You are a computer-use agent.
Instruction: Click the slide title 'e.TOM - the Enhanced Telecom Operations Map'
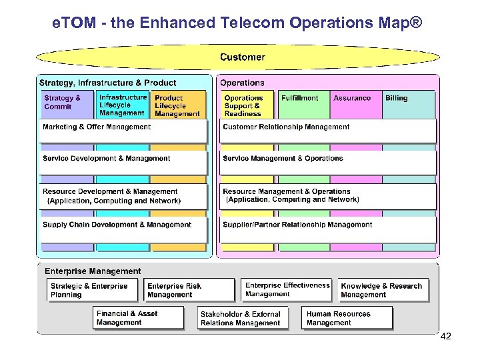(237, 23)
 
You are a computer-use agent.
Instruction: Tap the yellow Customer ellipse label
(242, 57)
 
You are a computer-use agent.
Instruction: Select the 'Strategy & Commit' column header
(62, 102)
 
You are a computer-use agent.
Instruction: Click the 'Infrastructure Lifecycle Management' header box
(122, 105)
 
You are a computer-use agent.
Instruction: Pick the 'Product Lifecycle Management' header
(177, 106)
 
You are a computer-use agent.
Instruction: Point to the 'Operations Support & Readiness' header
(244, 105)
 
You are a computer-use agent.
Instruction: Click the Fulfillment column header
(299, 98)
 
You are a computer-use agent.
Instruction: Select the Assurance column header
(352, 98)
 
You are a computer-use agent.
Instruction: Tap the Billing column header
(396, 98)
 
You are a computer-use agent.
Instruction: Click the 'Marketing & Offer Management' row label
(97, 127)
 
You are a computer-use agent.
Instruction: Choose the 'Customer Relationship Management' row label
(286, 127)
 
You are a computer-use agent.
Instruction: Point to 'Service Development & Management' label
(106, 159)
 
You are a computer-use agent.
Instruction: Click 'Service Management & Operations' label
(283, 159)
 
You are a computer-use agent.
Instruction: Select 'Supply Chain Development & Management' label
(117, 225)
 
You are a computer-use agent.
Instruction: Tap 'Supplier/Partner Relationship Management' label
(297, 225)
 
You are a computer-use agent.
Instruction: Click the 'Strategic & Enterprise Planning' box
(93, 291)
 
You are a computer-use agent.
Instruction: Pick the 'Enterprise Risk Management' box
(190, 291)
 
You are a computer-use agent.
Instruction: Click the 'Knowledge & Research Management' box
(383, 291)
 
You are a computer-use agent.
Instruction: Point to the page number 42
(446, 337)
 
